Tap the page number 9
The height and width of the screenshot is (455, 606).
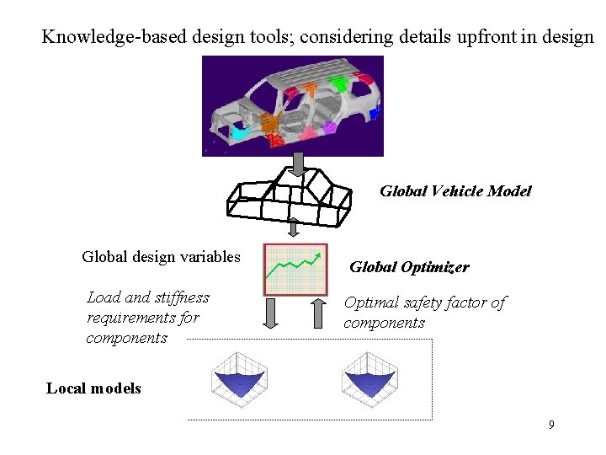(551, 425)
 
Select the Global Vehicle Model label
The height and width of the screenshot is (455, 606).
(455, 191)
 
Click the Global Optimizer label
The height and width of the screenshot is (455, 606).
(409, 267)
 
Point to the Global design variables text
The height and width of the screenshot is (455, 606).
(161, 257)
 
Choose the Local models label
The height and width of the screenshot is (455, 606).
(93, 388)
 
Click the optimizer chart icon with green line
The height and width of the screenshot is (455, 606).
(295, 269)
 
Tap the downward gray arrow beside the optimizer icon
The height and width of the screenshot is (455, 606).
(271, 313)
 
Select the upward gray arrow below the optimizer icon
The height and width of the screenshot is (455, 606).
(318, 313)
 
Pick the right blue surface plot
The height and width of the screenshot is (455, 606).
(370, 376)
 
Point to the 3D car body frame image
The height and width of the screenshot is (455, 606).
(293, 106)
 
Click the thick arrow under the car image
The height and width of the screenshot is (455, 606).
(296, 161)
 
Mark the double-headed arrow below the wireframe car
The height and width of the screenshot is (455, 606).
(294, 228)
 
